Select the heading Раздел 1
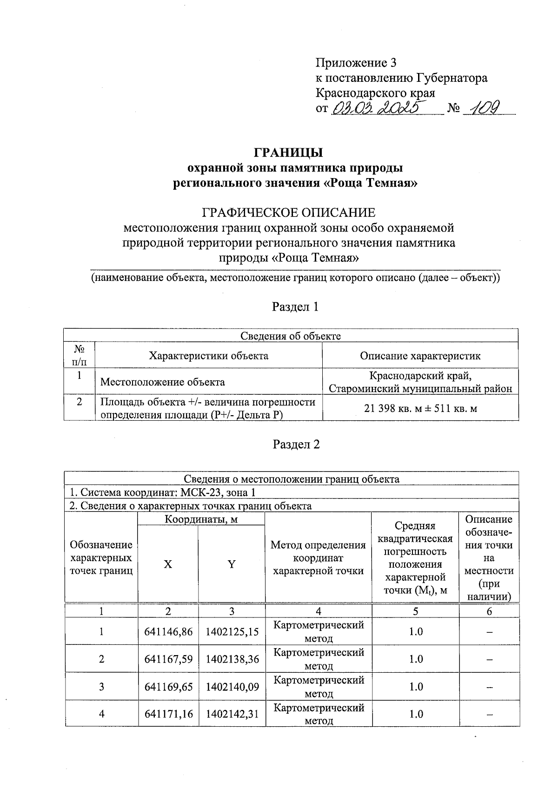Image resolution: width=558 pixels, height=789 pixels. [x=296, y=307]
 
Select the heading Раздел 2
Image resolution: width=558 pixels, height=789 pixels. [x=296, y=444]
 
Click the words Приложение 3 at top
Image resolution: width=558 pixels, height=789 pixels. [x=356, y=63]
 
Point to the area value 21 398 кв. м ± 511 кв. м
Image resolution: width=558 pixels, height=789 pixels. [x=420, y=408]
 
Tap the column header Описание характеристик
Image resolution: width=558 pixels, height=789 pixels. [x=420, y=356]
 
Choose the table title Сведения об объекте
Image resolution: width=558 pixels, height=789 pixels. [x=291, y=336]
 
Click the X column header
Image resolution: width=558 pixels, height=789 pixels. [x=168, y=564]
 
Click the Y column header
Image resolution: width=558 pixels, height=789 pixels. [x=232, y=564]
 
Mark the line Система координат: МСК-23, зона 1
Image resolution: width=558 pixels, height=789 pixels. [x=162, y=492]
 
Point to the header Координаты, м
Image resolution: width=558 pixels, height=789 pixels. [x=201, y=519]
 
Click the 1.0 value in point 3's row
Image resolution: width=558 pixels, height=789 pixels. [x=416, y=687]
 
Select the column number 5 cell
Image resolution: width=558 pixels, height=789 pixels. [x=416, y=611]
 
